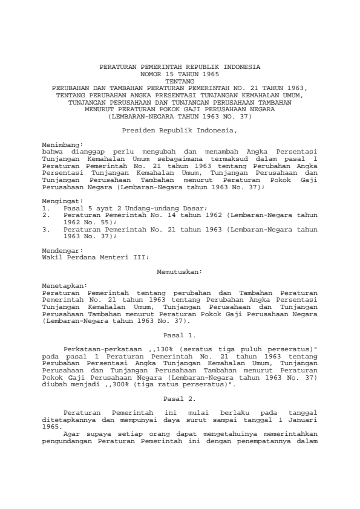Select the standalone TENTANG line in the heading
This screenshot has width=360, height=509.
(x=180, y=80)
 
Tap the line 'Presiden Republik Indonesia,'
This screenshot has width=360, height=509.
(x=180, y=130)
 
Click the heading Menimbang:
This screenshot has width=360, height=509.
(x=59, y=146)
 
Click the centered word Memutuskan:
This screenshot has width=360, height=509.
(x=180, y=273)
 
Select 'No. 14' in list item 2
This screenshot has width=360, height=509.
(x=158, y=213)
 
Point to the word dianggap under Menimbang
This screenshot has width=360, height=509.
(x=83, y=152)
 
